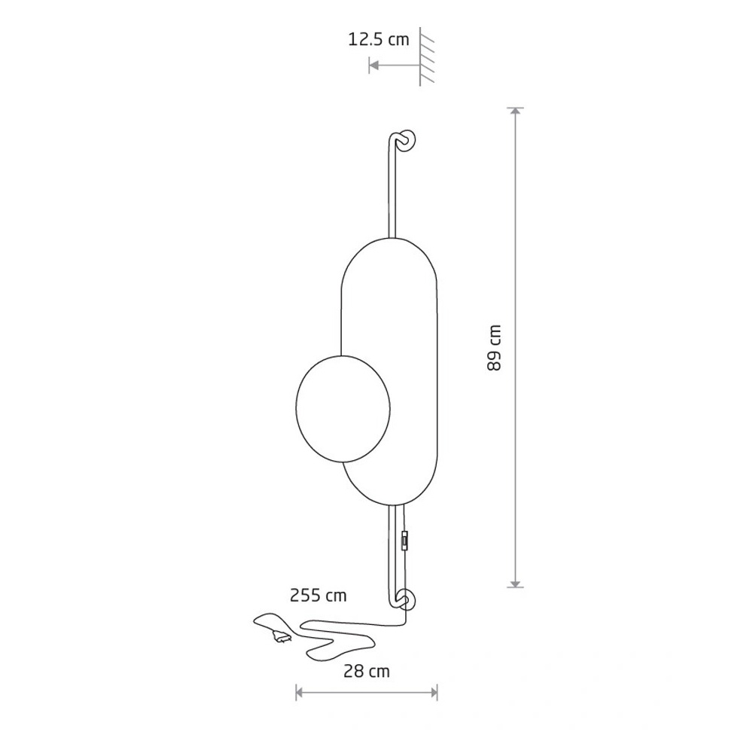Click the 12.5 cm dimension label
point(379,39)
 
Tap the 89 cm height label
point(494,348)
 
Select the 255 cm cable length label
point(318,596)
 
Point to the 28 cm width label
point(367,671)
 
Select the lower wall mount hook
point(404,600)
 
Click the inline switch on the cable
point(405,540)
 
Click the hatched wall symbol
point(426,56)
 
